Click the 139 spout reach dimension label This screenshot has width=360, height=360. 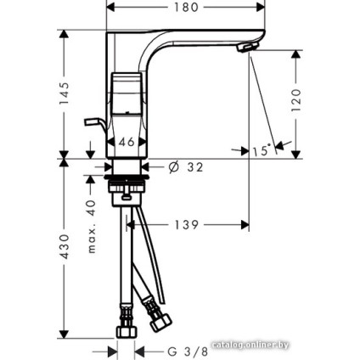coord(186,225)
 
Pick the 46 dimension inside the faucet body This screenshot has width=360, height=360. coord(127,143)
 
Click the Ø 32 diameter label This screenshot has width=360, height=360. coord(186,167)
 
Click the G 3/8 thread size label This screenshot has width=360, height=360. coord(186,351)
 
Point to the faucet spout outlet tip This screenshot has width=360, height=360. coord(248,49)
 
